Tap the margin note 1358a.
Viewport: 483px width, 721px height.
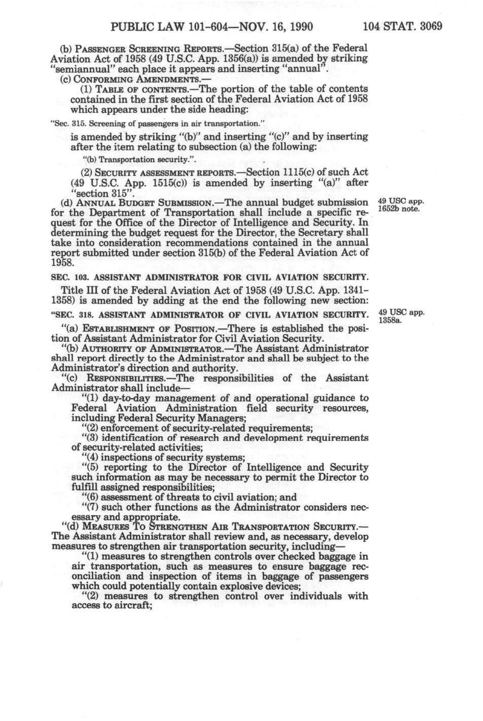pos(391,320)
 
